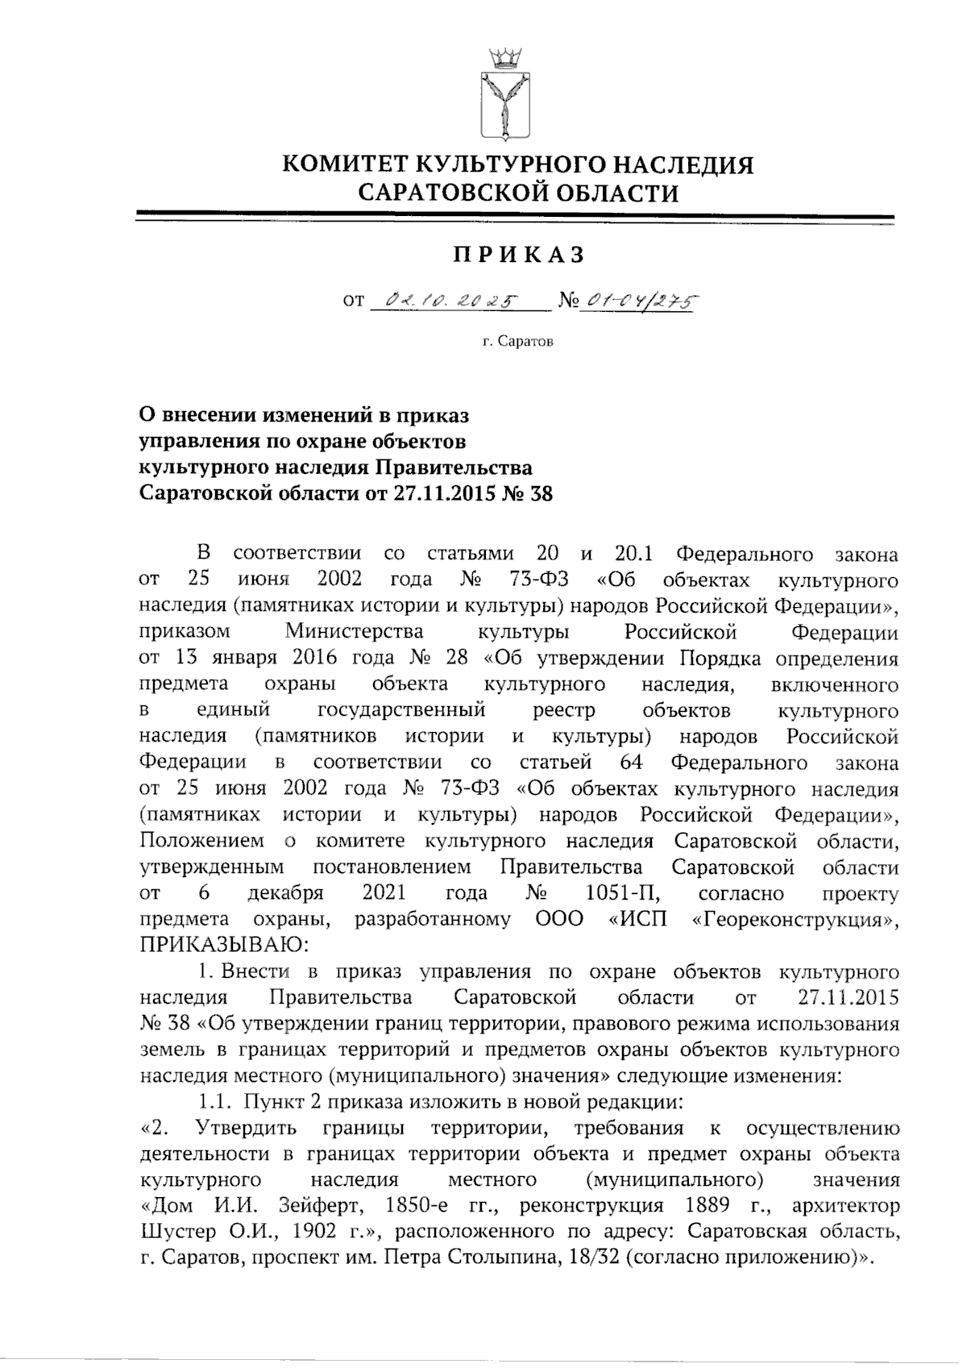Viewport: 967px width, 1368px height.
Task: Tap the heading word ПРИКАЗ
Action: pos(517,255)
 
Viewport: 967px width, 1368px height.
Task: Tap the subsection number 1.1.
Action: pos(214,1101)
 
